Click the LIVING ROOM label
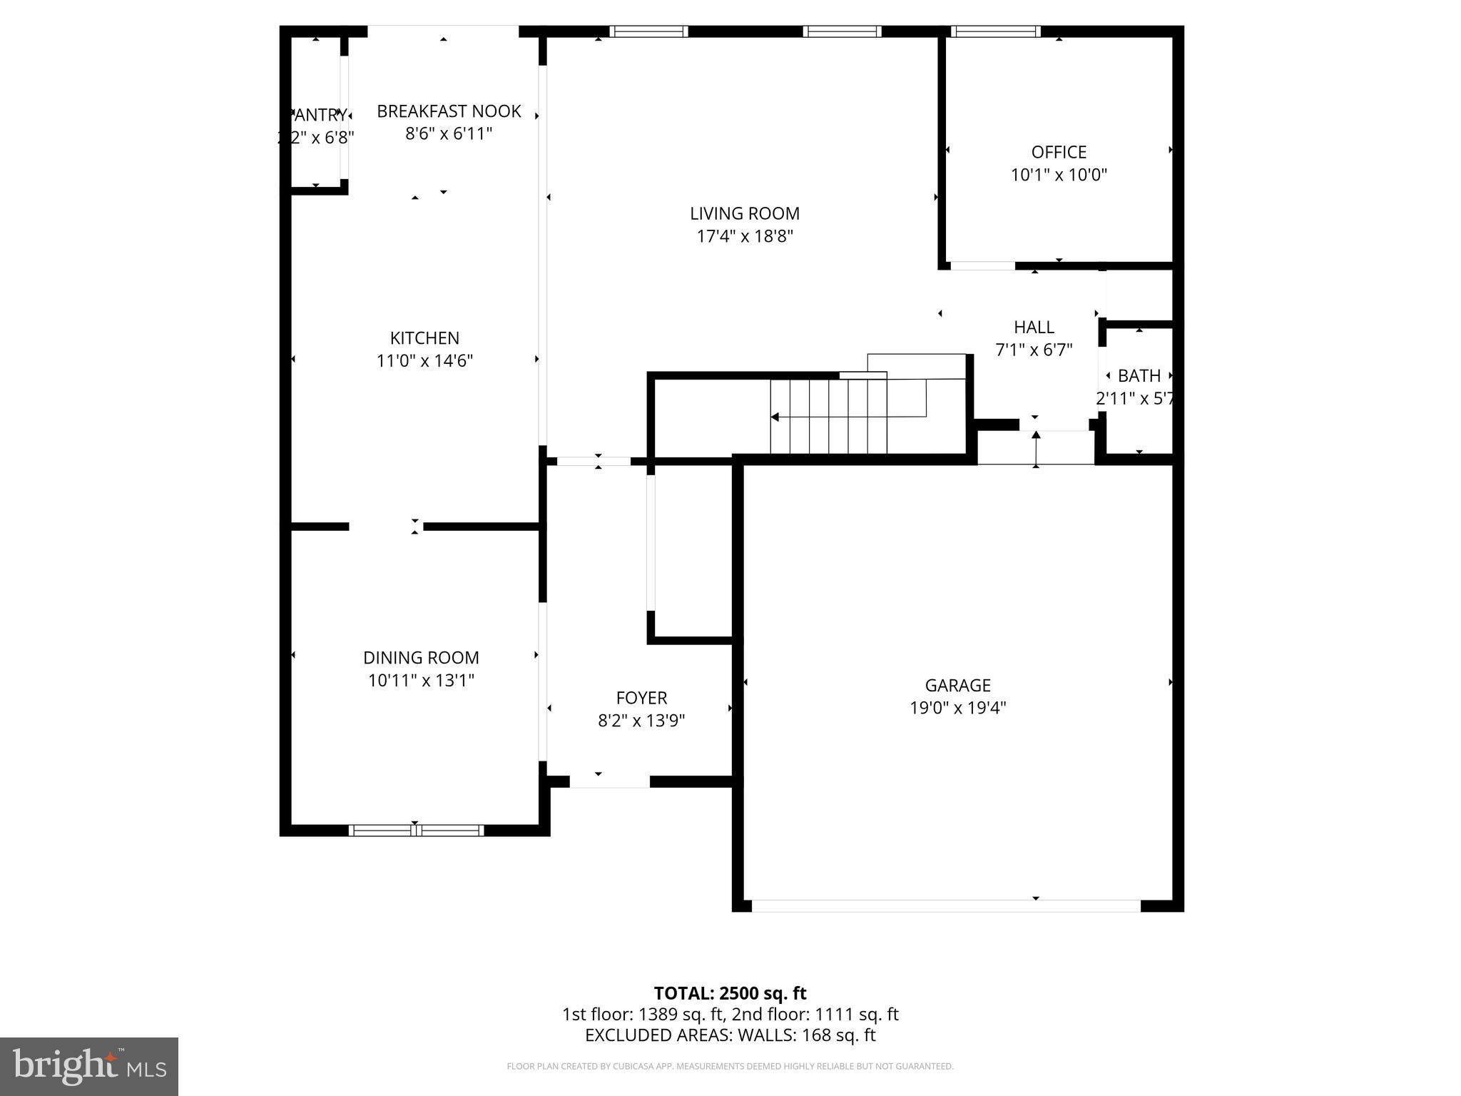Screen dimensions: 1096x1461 click(744, 213)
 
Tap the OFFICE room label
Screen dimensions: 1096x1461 click(1059, 152)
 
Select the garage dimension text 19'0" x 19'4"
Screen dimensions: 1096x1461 click(957, 708)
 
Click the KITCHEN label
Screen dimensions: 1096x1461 click(424, 338)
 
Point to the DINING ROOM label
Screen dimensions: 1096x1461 click(421, 658)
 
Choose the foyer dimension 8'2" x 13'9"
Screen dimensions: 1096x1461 click(641, 721)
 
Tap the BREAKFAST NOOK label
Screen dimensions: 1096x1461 click(449, 111)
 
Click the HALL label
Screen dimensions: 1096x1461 click(1034, 328)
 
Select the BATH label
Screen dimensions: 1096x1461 click(1139, 376)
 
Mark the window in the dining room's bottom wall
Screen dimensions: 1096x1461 click(416, 830)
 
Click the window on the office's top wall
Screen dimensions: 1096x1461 click(995, 31)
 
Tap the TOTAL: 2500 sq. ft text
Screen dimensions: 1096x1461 click(730, 993)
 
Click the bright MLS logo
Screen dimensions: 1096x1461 click(89, 1066)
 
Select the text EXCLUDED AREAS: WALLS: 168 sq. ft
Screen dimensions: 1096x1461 click(730, 1035)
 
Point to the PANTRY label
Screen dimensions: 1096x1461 click(318, 115)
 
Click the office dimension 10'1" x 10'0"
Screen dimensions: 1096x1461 click(1059, 175)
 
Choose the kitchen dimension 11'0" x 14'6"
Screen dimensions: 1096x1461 click(424, 361)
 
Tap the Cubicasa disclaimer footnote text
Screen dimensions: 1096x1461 click(730, 1067)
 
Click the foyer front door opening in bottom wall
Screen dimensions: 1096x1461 click(609, 782)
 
